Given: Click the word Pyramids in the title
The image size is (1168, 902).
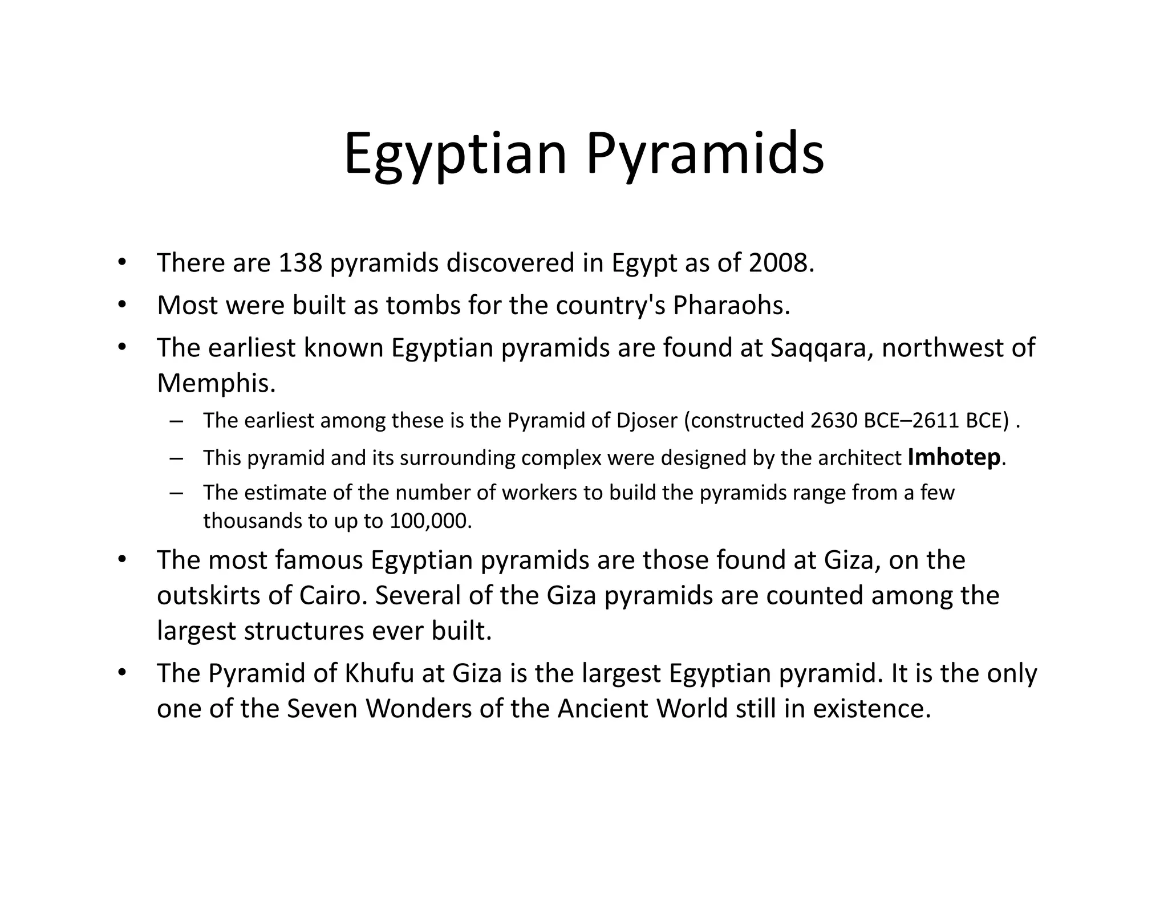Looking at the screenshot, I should click(x=705, y=154).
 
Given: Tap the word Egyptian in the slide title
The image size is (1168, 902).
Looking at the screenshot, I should click(x=455, y=154).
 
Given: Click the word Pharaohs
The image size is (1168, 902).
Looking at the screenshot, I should click(x=731, y=306).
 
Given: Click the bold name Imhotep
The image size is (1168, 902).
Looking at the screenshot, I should click(x=954, y=457).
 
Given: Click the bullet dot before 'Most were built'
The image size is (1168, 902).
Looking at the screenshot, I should click(x=121, y=306).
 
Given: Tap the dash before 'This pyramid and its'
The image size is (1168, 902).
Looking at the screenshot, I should click(x=176, y=458).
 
